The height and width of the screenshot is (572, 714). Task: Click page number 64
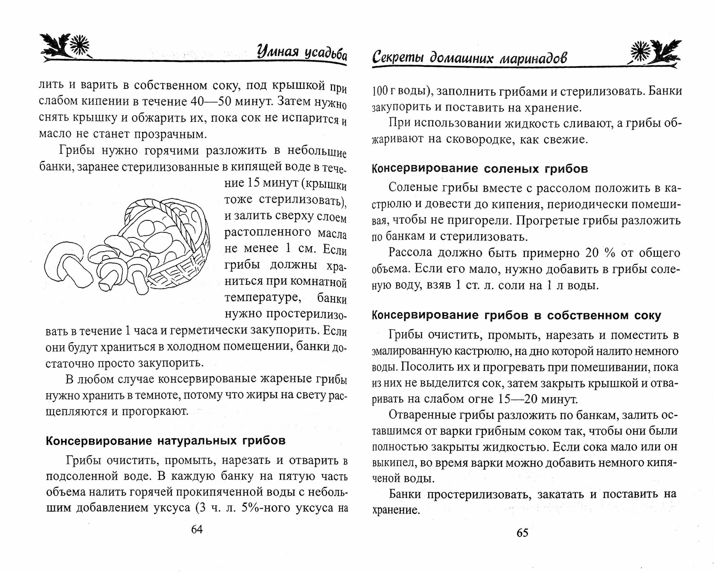coord(197,529)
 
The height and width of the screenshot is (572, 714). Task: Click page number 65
coord(522,533)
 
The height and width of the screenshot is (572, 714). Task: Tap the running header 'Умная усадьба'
coord(302,54)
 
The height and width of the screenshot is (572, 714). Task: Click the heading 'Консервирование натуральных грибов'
coord(166,441)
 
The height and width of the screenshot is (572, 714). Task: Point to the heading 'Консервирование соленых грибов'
coord(480,169)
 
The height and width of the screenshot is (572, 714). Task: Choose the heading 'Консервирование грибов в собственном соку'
coord(516,315)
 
